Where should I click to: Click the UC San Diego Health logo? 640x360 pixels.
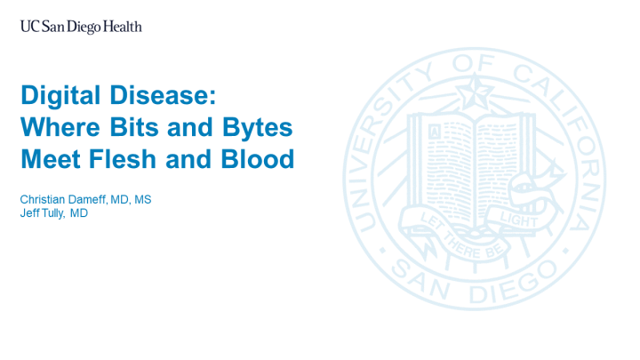pos(81,27)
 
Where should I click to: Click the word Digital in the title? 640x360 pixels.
pos(62,94)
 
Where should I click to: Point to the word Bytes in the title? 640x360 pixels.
pos(259,127)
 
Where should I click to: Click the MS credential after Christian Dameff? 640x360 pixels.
pos(142,200)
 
